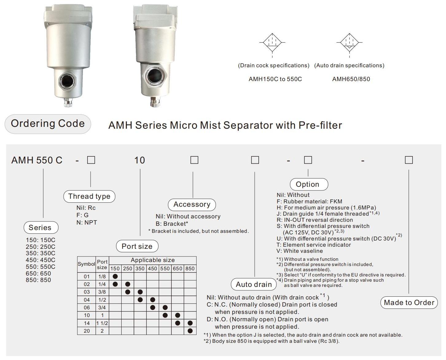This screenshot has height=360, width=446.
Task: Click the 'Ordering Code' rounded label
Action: [48, 124]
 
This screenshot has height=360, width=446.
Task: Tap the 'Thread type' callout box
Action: [89, 196]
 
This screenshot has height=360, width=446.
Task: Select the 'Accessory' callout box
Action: [192, 205]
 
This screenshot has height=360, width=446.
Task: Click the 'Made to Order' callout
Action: [409, 303]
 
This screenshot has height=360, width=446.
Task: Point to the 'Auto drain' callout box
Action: [254, 284]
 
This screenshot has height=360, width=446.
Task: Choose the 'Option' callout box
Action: [309, 184]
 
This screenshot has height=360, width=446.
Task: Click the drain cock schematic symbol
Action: [272, 43]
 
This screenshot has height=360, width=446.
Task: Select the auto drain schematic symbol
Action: [349, 43]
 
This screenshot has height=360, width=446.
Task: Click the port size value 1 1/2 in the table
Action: [102, 323]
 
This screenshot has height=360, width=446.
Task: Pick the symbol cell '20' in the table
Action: [87, 331]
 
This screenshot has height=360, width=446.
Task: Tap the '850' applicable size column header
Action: [190, 268]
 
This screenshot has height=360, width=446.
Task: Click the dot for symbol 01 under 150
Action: [115, 276]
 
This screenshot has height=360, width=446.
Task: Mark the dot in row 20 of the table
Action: [190, 331]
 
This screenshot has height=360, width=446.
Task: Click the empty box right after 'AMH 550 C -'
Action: [91, 160]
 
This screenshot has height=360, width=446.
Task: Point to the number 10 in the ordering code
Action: [139, 160]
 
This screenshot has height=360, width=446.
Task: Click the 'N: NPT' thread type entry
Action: [87, 222]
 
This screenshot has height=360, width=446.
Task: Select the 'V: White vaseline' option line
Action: [299, 251]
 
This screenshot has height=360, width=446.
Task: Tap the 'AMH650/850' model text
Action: [351, 79]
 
